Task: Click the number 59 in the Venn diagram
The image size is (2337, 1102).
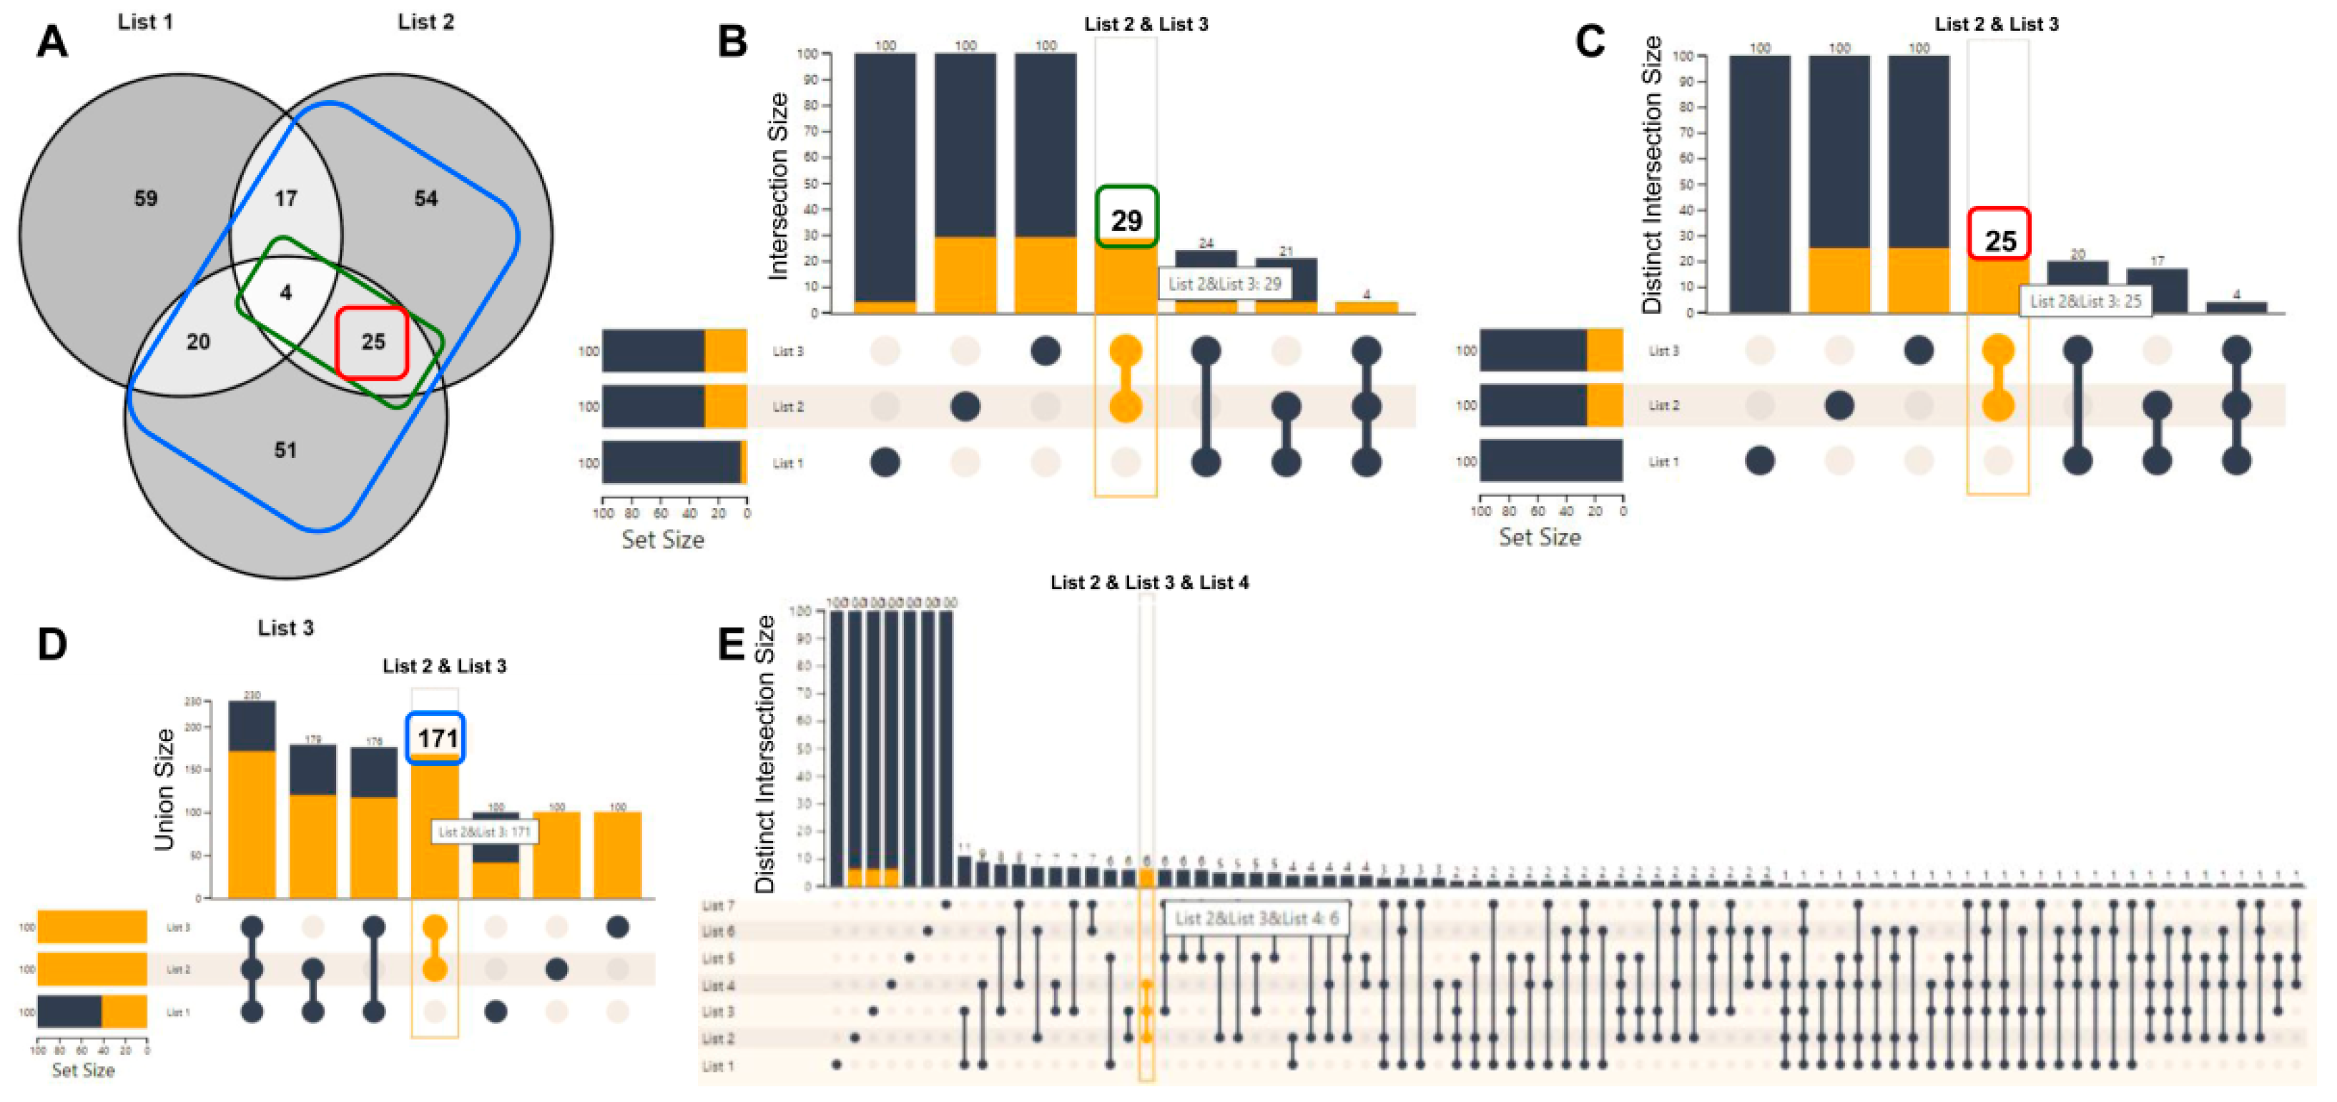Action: (x=145, y=198)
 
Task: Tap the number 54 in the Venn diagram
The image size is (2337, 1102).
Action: (x=425, y=198)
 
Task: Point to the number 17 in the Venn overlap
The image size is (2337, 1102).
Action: (x=286, y=198)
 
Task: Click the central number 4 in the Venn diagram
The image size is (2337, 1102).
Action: (x=286, y=292)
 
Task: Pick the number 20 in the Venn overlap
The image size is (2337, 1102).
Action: (x=198, y=341)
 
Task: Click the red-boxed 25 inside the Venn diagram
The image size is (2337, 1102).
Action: (x=373, y=341)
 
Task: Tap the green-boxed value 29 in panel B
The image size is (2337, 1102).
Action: (x=1126, y=219)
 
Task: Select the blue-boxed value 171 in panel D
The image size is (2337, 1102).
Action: (x=436, y=738)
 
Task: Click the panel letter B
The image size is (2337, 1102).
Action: (x=732, y=41)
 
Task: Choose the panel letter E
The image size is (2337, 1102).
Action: (x=732, y=644)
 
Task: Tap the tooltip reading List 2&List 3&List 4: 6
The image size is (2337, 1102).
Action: (x=1256, y=919)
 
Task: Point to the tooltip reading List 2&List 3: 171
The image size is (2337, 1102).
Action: (x=483, y=832)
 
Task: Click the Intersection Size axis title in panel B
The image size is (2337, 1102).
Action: (x=777, y=186)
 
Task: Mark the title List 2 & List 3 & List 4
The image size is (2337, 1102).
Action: (x=1148, y=582)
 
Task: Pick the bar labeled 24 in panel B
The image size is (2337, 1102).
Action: (x=1206, y=281)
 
